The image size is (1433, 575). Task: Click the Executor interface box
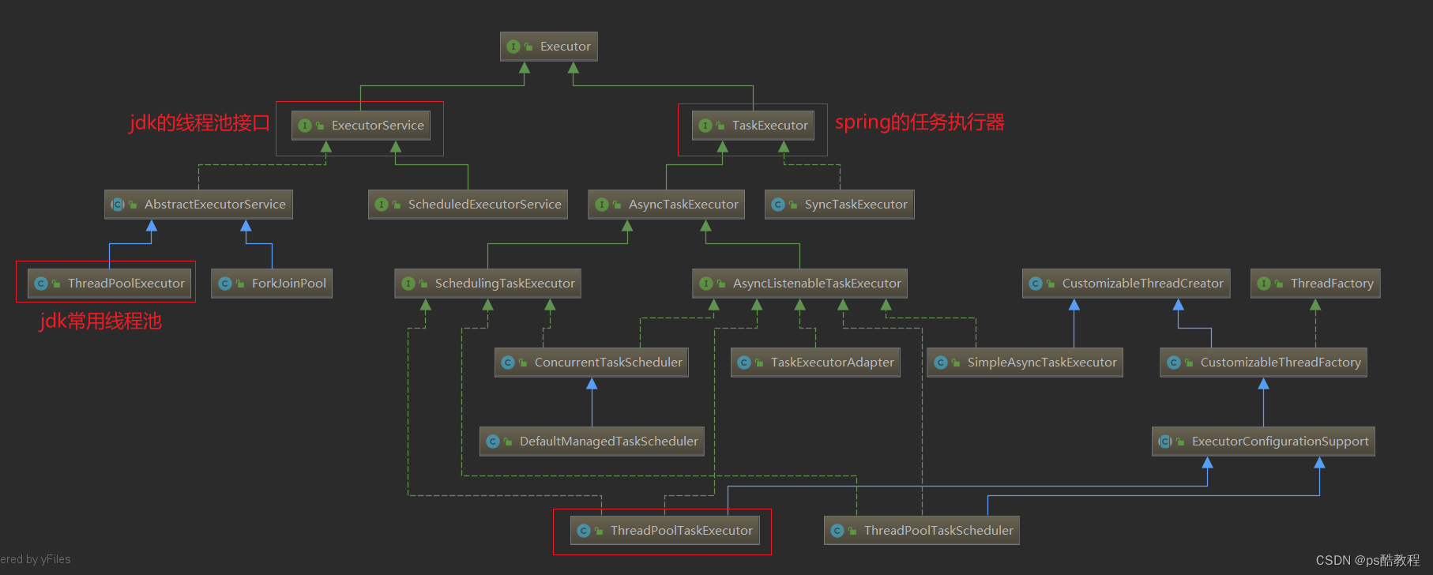click(549, 47)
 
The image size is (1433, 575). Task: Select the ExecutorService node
click(361, 126)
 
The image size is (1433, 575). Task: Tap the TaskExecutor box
click(754, 126)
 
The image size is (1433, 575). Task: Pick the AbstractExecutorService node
click(198, 205)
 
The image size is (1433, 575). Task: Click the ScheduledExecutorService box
click(468, 205)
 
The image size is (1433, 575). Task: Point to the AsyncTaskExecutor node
click(667, 205)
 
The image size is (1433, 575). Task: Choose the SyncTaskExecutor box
click(840, 205)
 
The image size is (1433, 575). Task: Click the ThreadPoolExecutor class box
click(109, 284)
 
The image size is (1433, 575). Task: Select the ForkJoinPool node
click(272, 284)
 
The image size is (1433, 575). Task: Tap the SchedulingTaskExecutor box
click(487, 284)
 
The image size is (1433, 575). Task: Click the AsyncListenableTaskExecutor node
click(799, 284)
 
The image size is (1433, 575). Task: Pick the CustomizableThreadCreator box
click(1126, 284)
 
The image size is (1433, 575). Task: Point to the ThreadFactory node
click(1315, 284)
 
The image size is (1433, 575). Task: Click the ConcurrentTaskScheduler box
click(592, 363)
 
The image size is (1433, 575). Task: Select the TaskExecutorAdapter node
click(815, 363)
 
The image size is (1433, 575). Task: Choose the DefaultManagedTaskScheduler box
click(592, 442)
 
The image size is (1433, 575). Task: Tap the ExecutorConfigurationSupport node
click(1263, 442)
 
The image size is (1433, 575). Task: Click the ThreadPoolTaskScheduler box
click(922, 531)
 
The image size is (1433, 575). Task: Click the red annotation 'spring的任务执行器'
click(920, 122)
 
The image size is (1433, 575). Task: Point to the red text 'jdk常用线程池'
click(100, 321)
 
